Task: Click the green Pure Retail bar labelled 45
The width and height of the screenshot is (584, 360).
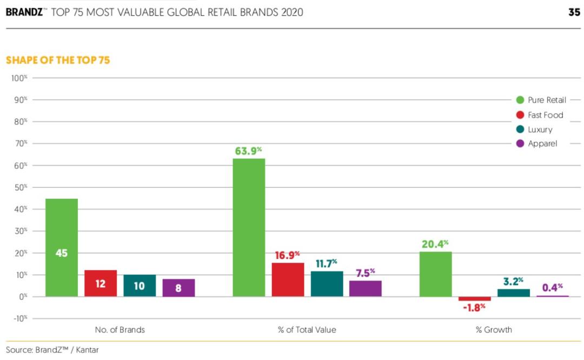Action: (62, 248)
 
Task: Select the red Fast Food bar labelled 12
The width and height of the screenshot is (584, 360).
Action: (101, 283)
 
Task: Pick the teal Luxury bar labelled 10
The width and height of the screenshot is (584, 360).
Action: (140, 285)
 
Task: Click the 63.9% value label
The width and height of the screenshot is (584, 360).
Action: (249, 151)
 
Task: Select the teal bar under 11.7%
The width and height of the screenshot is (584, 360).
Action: (327, 284)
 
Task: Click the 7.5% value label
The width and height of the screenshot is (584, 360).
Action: (365, 272)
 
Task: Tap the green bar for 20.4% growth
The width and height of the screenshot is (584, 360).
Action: (436, 274)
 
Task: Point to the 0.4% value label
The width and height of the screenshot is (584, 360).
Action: (553, 287)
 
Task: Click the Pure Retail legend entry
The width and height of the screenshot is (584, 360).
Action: (541, 100)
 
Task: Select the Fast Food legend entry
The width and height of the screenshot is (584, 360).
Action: (539, 115)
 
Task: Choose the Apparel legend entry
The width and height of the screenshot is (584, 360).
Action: (536, 144)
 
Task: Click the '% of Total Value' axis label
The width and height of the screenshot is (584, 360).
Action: (307, 330)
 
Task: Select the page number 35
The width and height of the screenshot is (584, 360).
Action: (574, 12)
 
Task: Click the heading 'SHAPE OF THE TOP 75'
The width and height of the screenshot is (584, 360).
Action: (58, 60)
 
